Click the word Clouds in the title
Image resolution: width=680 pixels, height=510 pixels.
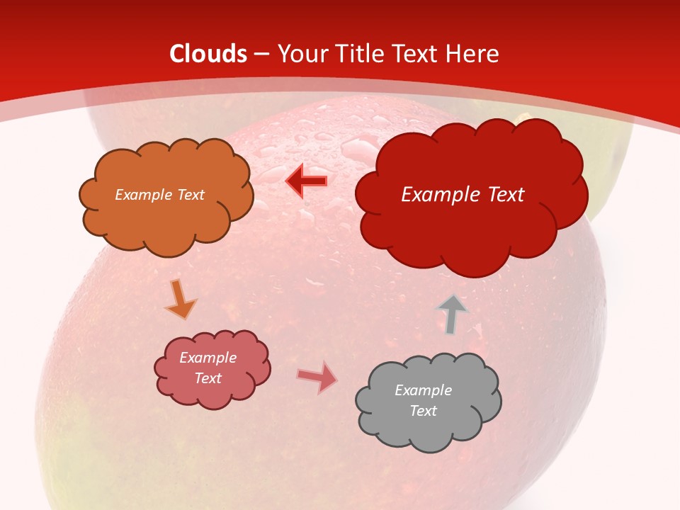point(208,54)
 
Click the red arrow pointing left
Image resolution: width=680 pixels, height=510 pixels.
point(307,181)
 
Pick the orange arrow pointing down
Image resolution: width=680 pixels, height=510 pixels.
point(180,300)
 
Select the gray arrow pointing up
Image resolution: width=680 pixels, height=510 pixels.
point(452,314)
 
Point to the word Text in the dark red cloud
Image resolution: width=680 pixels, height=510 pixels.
point(504,195)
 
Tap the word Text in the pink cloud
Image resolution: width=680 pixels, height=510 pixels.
point(208,378)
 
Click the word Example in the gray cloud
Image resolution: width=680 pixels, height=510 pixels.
point(423,390)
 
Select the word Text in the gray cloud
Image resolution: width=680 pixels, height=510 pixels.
point(423,411)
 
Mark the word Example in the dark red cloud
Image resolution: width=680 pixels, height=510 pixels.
point(440,195)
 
